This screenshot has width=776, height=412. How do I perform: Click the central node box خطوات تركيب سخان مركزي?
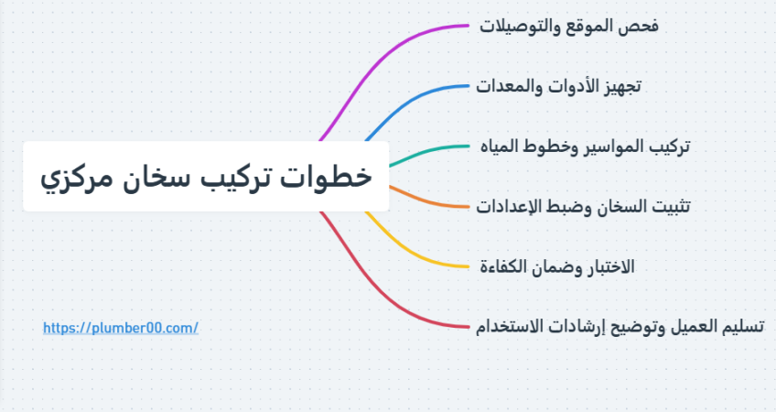coord(206,177)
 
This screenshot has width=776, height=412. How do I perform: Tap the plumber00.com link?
coord(121,328)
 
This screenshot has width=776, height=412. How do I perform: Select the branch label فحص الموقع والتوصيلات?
coord(568,26)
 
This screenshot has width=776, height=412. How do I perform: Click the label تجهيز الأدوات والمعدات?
coord(558,86)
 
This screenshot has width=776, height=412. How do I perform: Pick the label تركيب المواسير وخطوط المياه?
coord(585,146)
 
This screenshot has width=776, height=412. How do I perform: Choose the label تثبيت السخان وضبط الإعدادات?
coord(583,207)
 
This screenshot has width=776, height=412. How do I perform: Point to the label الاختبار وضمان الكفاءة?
coord(557,267)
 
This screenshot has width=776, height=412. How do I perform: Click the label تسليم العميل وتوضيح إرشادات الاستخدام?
coord(620,327)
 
